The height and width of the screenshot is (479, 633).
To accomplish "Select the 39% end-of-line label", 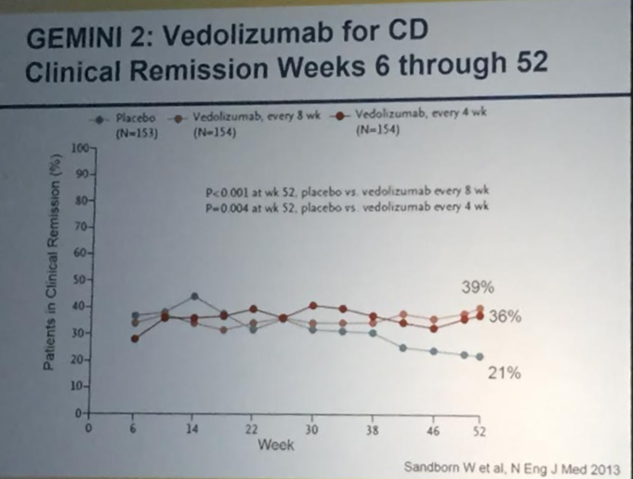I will pos(481,286).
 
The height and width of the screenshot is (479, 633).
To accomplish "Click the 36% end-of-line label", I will pos(506,316).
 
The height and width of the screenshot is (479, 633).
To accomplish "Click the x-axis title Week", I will pos(276,446).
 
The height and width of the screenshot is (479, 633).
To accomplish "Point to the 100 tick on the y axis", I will pos(76,147).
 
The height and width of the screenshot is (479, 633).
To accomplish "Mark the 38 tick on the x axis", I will pos(372,431).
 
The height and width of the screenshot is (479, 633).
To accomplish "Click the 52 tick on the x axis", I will pos(481,431).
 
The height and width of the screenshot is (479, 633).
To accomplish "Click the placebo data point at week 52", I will pos(480,357).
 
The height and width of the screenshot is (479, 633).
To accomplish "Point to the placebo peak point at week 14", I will pos(194,297).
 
